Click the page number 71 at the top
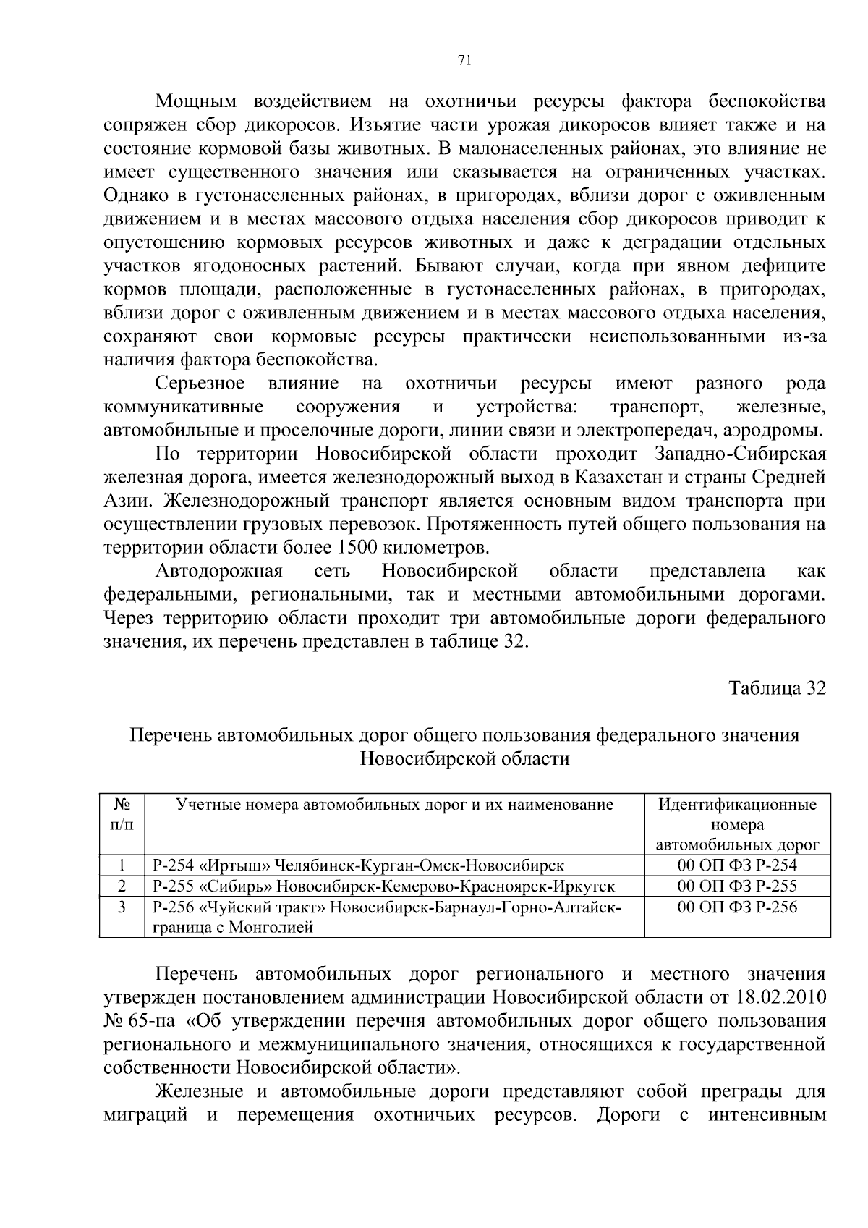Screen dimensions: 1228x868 (x=465, y=61)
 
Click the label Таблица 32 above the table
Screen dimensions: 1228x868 (x=777, y=687)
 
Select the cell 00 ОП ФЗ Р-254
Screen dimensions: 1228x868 (x=737, y=865)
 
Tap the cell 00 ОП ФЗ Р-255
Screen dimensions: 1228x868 (x=737, y=886)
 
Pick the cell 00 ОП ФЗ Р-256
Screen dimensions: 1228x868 (x=737, y=907)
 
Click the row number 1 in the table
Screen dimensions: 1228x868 (x=122, y=865)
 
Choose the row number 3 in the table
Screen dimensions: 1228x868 (x=122, y=907)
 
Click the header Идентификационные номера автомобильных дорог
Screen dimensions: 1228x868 (x=737, y=824)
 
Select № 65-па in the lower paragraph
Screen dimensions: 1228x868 (x=138, y=1022)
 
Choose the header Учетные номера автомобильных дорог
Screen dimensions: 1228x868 (x=395, y=805)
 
